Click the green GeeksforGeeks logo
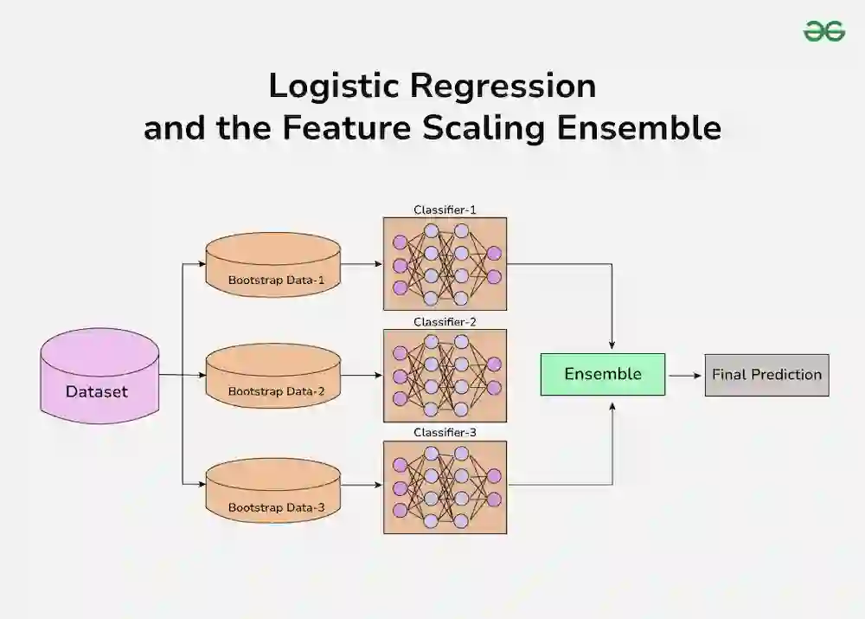(x=823, y=32)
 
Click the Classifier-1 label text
(x=445, y=210)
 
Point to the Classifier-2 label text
(x=445, y=322)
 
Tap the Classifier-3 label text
(x=445, y=432)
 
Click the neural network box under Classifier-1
(x=445, y=263)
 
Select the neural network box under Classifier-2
(x=445, y=375)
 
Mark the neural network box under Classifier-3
(x=445, y=487)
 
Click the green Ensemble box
(x=603, y=374)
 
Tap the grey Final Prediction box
(x=766, y=375)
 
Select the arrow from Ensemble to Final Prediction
(x=685, y=375)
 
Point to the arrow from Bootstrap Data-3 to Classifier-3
(x=362, y=485)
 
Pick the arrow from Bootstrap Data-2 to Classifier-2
(x=362, y=376)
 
